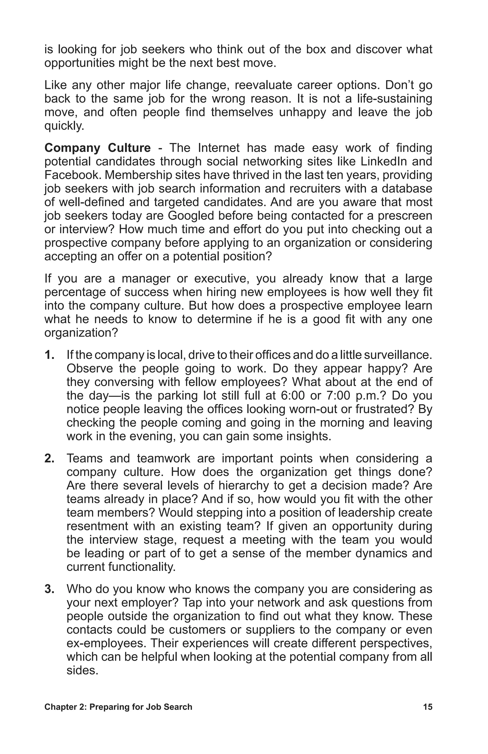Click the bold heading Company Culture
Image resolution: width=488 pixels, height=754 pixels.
coord(97,148)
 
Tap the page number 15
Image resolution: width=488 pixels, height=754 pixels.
coord(427,707)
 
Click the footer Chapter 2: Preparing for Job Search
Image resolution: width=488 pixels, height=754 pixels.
coord(118,707)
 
